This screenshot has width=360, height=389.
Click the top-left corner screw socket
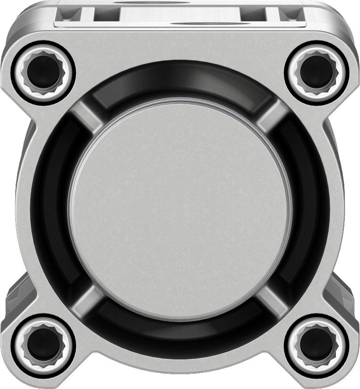(x=43, y=72)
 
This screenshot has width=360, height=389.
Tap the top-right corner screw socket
(x=317, y=72)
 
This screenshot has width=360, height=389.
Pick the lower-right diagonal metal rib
(x=272, y=298)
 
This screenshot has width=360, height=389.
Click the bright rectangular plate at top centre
(x=180, y=14)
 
